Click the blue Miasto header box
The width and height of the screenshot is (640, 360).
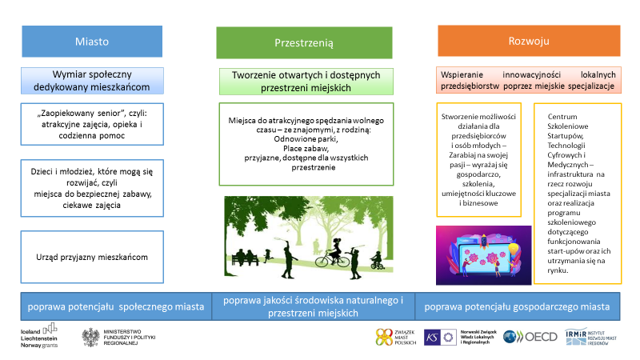[92, 41]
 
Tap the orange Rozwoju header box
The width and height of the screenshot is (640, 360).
[529, 41]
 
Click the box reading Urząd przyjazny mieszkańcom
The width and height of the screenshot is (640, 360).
[92, 257]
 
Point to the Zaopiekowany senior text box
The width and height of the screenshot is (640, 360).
[92, 124]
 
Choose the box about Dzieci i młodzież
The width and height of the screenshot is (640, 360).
[92, 187]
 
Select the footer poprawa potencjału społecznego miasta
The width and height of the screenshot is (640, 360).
[115, 306]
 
